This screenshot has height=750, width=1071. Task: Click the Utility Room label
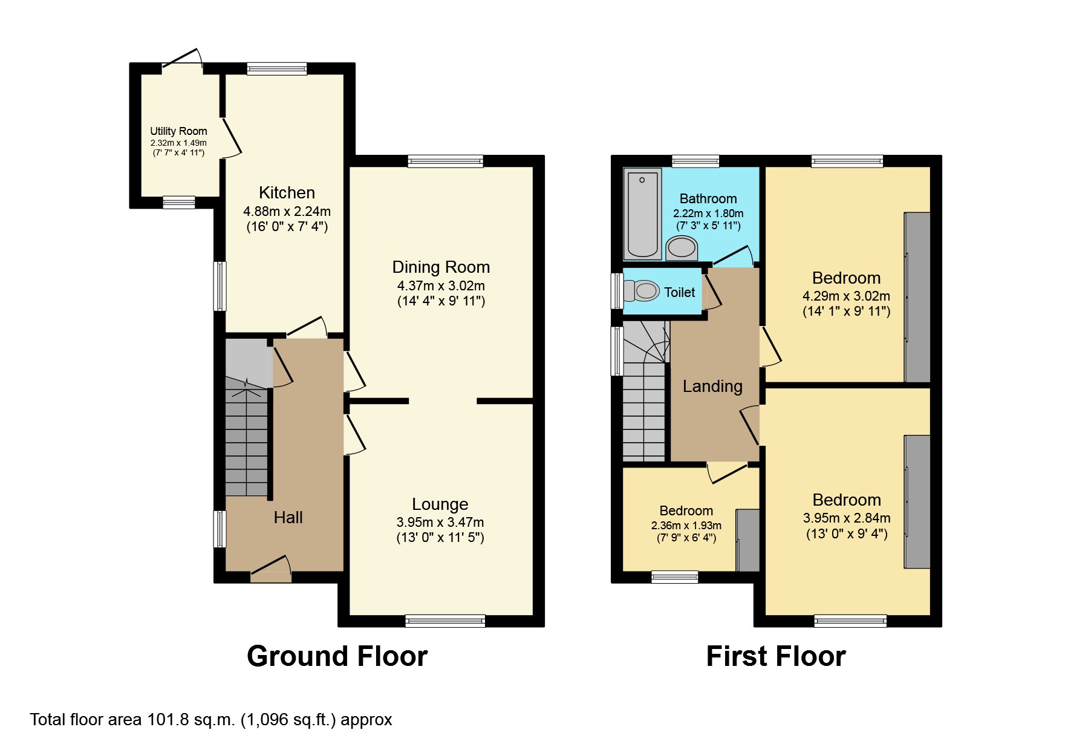[178, 131]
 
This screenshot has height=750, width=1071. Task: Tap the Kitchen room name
[287, 193]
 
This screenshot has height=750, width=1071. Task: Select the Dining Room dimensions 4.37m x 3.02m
[441, 285]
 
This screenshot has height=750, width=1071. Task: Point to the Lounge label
[440, 504]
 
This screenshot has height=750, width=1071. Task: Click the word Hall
[288, 518]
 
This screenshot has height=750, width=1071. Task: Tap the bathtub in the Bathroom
[642, 214]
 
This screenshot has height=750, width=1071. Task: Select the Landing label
[712, 386]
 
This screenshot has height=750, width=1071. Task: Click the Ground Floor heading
[337, 656]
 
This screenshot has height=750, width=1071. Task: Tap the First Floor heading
[776, 656]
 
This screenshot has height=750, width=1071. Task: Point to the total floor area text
[211, 720]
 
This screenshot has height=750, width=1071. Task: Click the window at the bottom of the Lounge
[445, 621]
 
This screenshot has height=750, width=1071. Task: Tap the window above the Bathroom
[695, 161]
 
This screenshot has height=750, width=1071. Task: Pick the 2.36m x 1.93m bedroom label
[686, 511]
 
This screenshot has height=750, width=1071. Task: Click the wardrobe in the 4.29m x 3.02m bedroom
[917, 297]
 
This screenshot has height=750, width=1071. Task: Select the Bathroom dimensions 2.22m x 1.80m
[708, 214]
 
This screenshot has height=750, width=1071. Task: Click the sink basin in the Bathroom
[682, 247]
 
